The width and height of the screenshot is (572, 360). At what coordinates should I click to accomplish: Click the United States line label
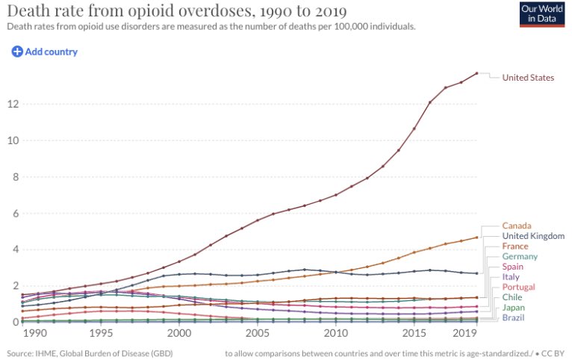528,78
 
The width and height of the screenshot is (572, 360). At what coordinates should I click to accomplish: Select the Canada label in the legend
517,226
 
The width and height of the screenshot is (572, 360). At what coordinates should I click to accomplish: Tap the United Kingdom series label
533,236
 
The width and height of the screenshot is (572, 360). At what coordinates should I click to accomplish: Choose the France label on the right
515,246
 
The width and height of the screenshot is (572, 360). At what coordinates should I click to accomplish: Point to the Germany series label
520,257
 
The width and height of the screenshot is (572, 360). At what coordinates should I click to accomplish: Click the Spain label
513,267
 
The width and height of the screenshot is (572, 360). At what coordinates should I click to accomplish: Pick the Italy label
511,277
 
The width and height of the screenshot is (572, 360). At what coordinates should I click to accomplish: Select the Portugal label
518,288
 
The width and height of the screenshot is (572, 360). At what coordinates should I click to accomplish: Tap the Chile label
512,297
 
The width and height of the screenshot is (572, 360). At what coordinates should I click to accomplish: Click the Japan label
513,308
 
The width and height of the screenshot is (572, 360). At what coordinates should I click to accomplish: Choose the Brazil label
514,317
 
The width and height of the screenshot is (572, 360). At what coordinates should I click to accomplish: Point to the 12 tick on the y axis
13,104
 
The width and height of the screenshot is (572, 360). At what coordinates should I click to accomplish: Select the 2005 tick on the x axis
257,333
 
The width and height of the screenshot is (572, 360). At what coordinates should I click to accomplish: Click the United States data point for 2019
476,73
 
